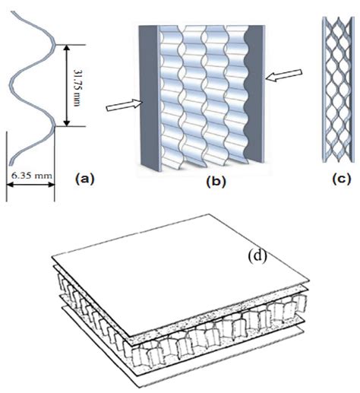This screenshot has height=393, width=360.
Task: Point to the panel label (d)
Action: click(257, 255)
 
